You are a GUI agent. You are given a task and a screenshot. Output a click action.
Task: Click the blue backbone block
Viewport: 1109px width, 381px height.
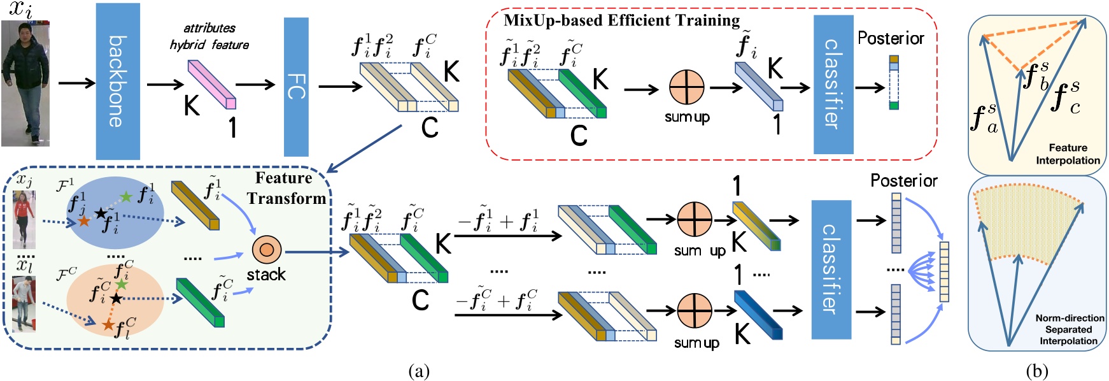click(117, 81)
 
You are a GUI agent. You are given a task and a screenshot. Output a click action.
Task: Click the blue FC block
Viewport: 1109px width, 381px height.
click(296, 87)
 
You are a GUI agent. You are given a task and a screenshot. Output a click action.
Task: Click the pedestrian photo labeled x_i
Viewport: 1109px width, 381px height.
click(25, 83)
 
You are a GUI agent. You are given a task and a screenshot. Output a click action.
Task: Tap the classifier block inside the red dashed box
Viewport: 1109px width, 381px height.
click(833, 84)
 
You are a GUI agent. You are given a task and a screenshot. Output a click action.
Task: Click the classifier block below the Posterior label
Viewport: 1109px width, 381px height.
click(831, 269)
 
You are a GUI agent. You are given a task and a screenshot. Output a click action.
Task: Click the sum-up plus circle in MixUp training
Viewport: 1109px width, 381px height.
click(686, 87)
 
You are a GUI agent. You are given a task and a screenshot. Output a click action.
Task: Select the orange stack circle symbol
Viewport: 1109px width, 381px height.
click(266, 250)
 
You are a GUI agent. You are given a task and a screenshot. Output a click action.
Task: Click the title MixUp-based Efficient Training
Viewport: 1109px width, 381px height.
click(621, 20)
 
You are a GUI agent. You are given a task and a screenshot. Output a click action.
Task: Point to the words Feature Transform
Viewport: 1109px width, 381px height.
click(286, 188)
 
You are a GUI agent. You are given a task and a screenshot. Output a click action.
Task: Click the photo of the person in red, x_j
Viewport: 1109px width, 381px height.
click(24, 219)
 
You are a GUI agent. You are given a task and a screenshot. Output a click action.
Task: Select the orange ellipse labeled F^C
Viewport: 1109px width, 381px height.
click(115, 299)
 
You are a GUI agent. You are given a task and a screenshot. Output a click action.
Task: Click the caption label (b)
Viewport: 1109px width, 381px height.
click(1036, 371)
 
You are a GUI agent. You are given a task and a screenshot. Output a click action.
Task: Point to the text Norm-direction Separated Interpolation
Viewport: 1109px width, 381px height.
click(1069, 329)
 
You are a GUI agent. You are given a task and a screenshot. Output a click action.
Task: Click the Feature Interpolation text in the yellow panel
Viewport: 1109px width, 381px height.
click(1068, 154)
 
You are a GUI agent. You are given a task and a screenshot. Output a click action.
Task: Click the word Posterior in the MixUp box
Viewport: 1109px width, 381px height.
click(890, 38)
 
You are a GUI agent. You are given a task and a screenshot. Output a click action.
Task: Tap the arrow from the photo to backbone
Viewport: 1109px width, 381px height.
click(76, 83)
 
